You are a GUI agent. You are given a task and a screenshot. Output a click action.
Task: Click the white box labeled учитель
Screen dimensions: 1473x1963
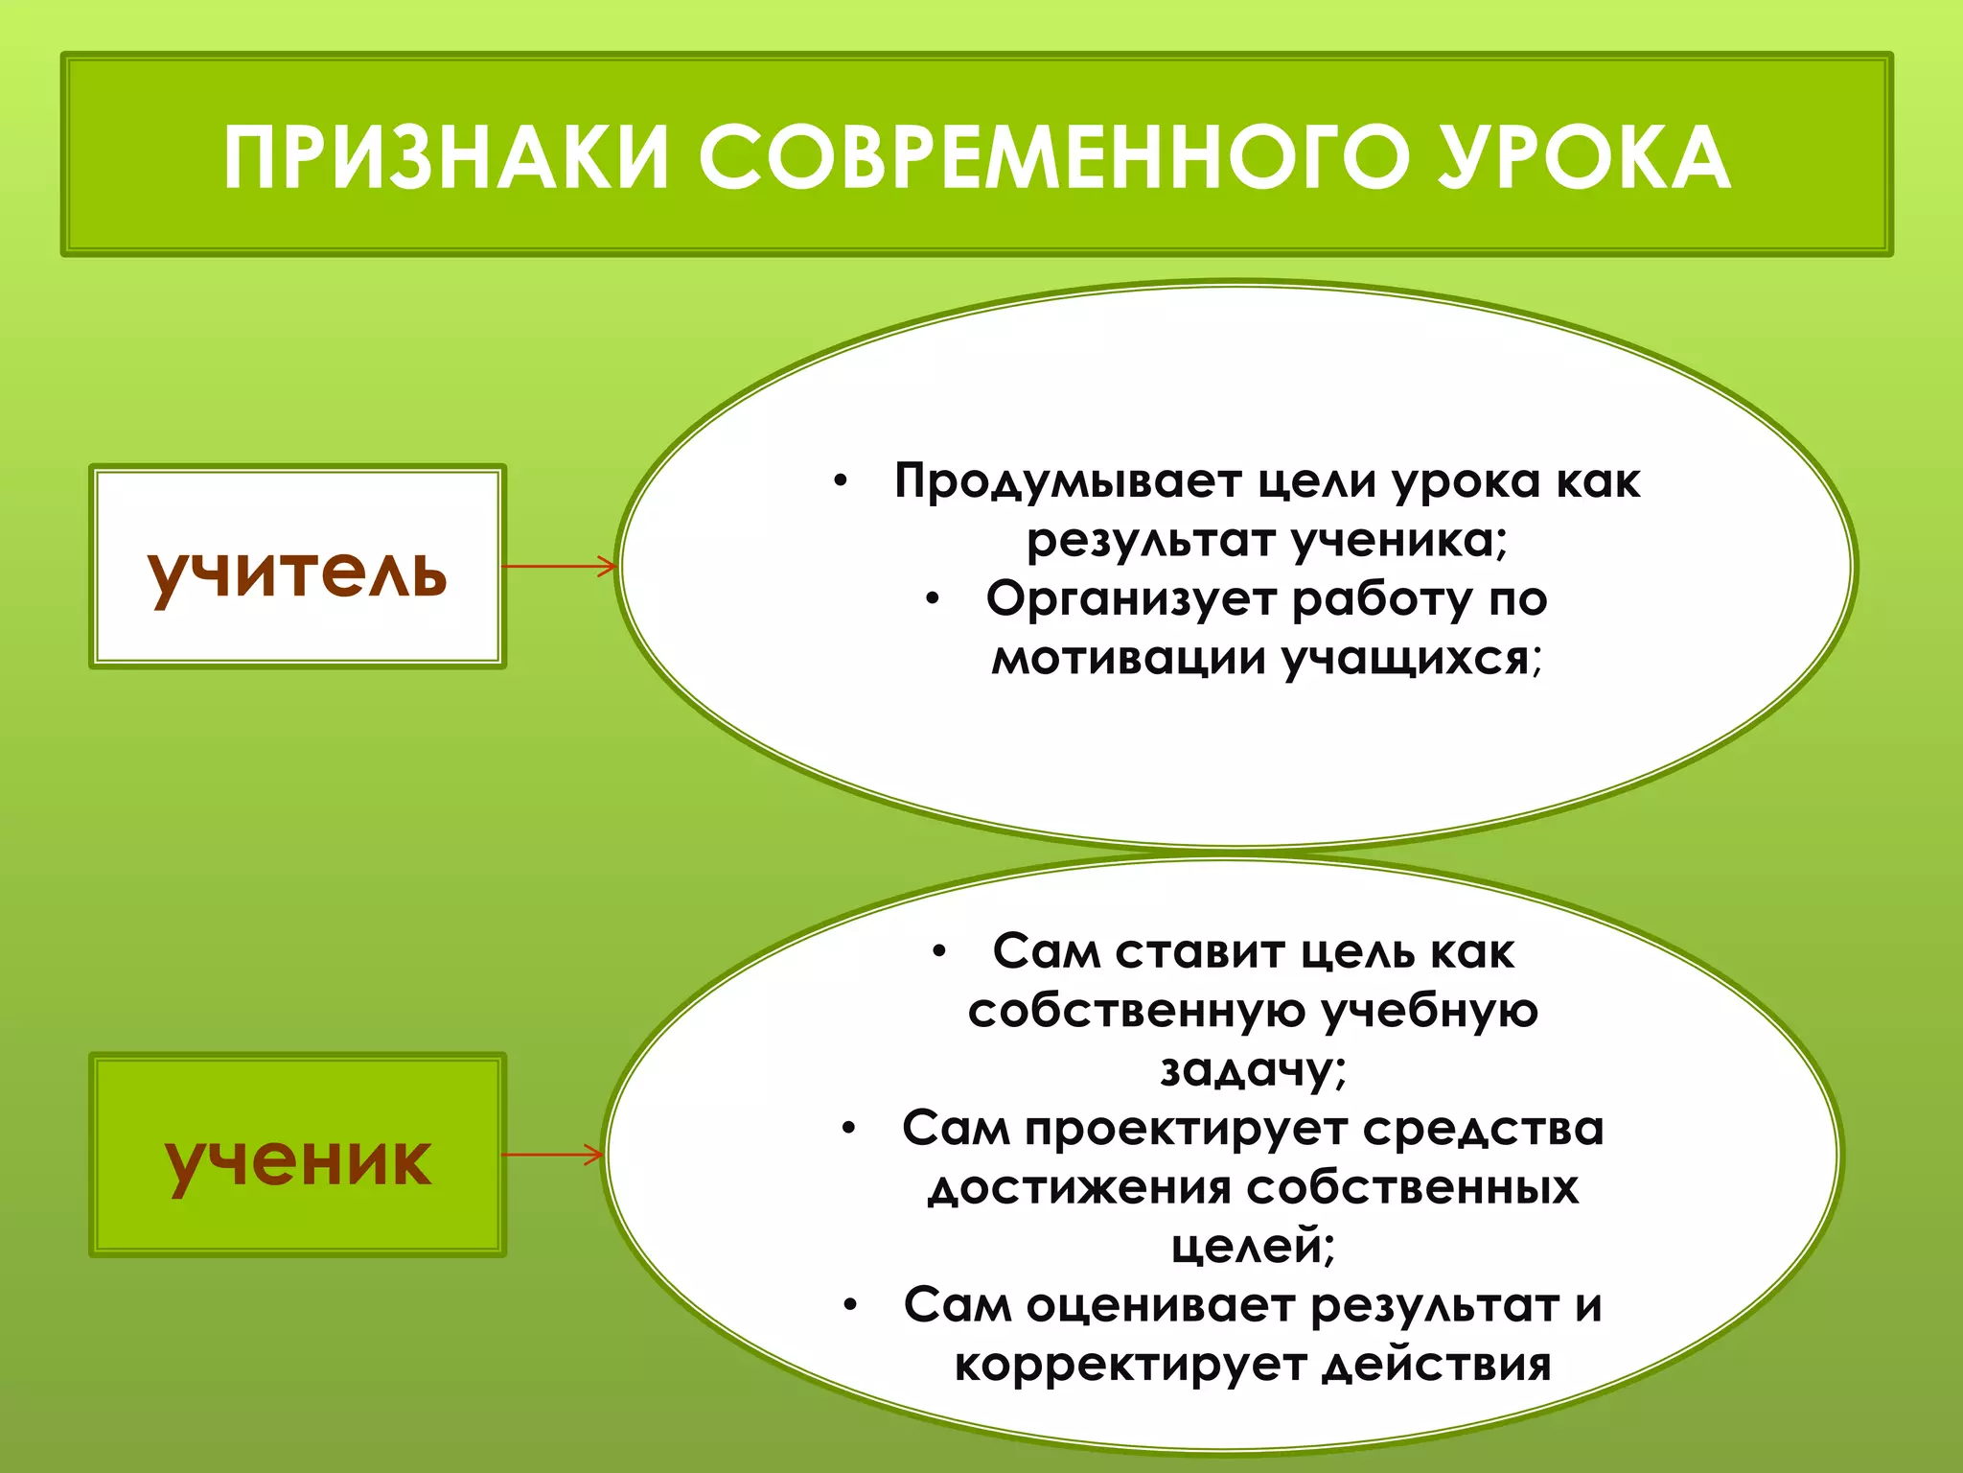point(297,567)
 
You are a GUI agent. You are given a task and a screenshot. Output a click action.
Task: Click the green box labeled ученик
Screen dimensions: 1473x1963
point(297,1156)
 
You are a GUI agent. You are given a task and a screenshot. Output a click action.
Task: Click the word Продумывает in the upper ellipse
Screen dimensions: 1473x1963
point(1067,482)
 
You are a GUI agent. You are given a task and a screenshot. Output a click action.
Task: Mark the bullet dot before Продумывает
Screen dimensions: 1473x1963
point(841,482)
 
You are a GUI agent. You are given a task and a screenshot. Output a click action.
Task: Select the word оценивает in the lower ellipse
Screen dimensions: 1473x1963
point(1161,1307)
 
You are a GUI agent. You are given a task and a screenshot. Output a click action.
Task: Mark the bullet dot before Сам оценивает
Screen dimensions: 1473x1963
point(849,1307)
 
